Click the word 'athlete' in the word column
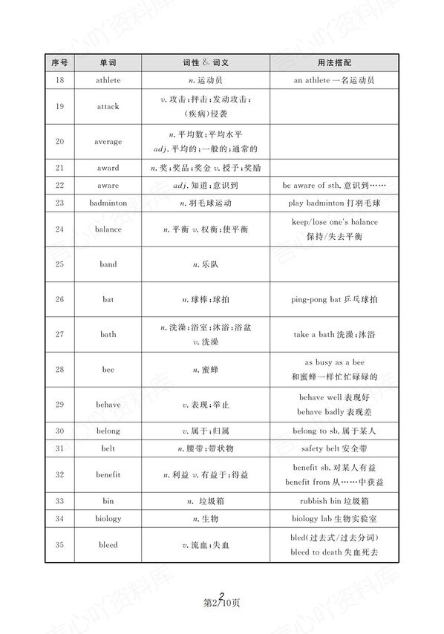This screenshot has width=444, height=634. pos(108,79)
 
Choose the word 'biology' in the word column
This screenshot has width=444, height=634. pos(108,518)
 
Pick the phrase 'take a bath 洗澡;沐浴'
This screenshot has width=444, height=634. pos(333,334)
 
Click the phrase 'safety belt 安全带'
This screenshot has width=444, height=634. pos(333,448)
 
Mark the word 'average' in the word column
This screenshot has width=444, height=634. pos(108,141)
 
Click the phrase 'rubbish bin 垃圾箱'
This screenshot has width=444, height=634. pos(333,501)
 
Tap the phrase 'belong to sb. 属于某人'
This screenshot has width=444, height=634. pos(333,431)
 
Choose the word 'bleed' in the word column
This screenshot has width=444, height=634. pos(108,545)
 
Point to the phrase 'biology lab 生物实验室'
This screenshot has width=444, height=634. pos(333,518)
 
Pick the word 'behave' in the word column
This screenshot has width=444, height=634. pos(108,405)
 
